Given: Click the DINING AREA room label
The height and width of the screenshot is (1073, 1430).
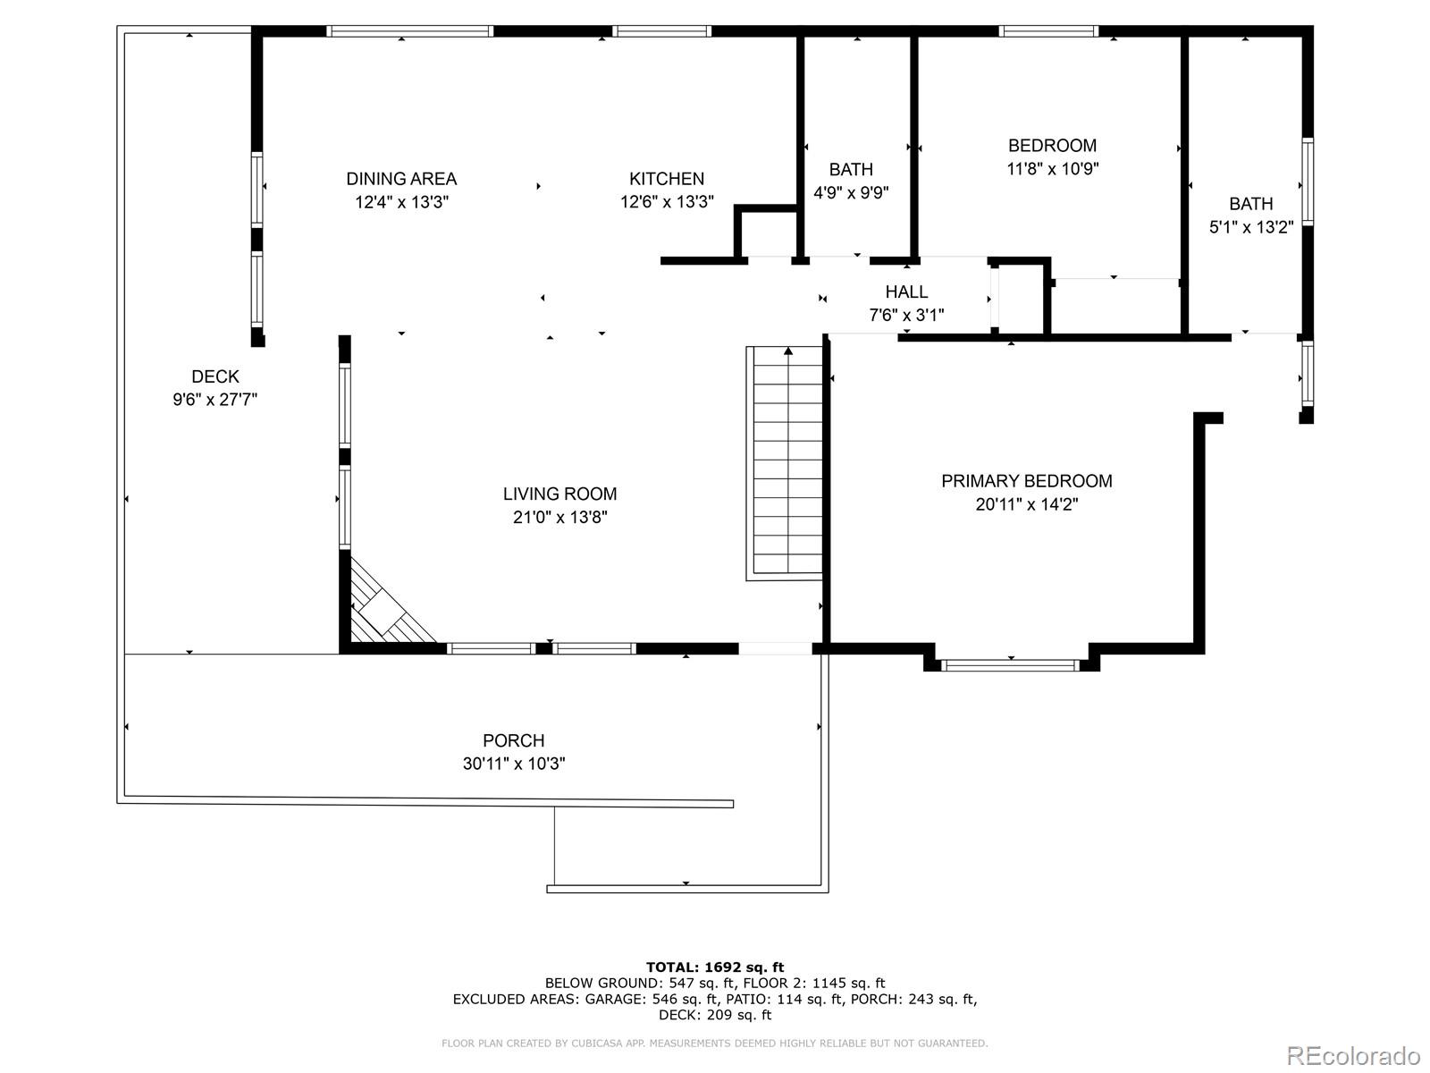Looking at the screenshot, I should click(x=401, y=179).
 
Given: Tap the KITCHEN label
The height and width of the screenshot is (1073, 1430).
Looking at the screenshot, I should click(x=667, y=179).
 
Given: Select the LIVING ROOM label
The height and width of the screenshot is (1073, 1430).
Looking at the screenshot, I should click(x=559, y=494).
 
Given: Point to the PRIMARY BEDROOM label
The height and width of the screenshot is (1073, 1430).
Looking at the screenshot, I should click(x=1026, y=481).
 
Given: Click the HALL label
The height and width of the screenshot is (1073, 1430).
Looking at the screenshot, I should click(x=906, y=291).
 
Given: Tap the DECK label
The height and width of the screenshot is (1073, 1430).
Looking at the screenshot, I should click(x=214, y=376).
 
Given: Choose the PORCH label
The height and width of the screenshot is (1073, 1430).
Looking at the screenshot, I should click(x=513, y=740).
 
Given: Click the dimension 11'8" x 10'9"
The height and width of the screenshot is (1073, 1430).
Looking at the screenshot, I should click(x=1052, y=168).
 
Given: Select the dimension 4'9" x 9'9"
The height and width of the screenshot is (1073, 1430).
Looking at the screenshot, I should click(x=850, y=192).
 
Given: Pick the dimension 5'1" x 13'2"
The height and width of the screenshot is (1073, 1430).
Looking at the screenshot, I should click(x=1250, y=227).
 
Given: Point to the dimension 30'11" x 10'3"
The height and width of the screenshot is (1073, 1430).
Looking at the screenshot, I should click(x=513, y=764).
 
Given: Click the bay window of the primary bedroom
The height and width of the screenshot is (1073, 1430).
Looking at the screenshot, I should click(x=1011, y=664).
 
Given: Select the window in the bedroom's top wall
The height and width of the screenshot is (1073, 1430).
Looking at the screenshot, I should click(x=1047, y=31).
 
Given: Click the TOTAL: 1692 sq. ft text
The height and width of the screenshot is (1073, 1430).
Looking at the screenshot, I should click(x=714, y=967).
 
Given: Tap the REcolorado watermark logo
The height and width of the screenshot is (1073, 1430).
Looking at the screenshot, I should click(x=1353, y=1055).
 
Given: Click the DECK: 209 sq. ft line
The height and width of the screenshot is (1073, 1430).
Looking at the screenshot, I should click(x=714, y=1015).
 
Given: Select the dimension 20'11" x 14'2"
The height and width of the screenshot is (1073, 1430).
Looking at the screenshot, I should click(x=1026, y=504).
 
